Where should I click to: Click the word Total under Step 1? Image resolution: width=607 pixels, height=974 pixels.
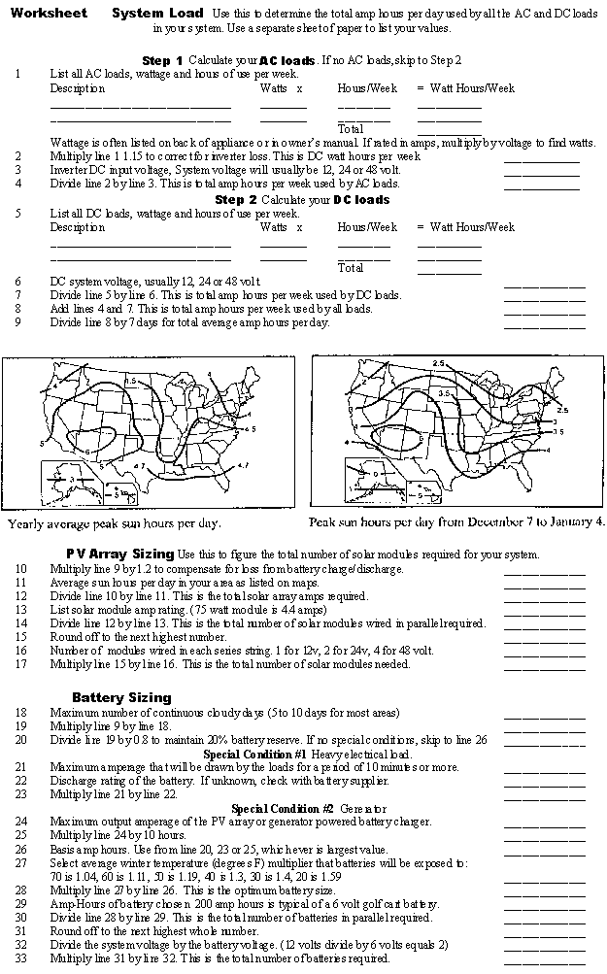coord(351,128)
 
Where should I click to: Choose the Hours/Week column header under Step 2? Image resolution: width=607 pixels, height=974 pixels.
coord(367,227)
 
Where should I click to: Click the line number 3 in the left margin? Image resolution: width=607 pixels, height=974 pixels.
coord(17,170)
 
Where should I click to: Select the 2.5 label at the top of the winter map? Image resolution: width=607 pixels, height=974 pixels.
coord(439,363)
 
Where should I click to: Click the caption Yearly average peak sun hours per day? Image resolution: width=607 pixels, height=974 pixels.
coord(127,524)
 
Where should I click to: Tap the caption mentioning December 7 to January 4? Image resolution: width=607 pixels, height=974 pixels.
coord(456,521)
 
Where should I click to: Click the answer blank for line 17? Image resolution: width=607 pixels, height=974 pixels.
coord(544,667)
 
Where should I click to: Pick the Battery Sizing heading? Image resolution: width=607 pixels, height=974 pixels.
coord(121,697)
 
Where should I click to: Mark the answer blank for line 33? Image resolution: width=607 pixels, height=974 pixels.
coord(544,961)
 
